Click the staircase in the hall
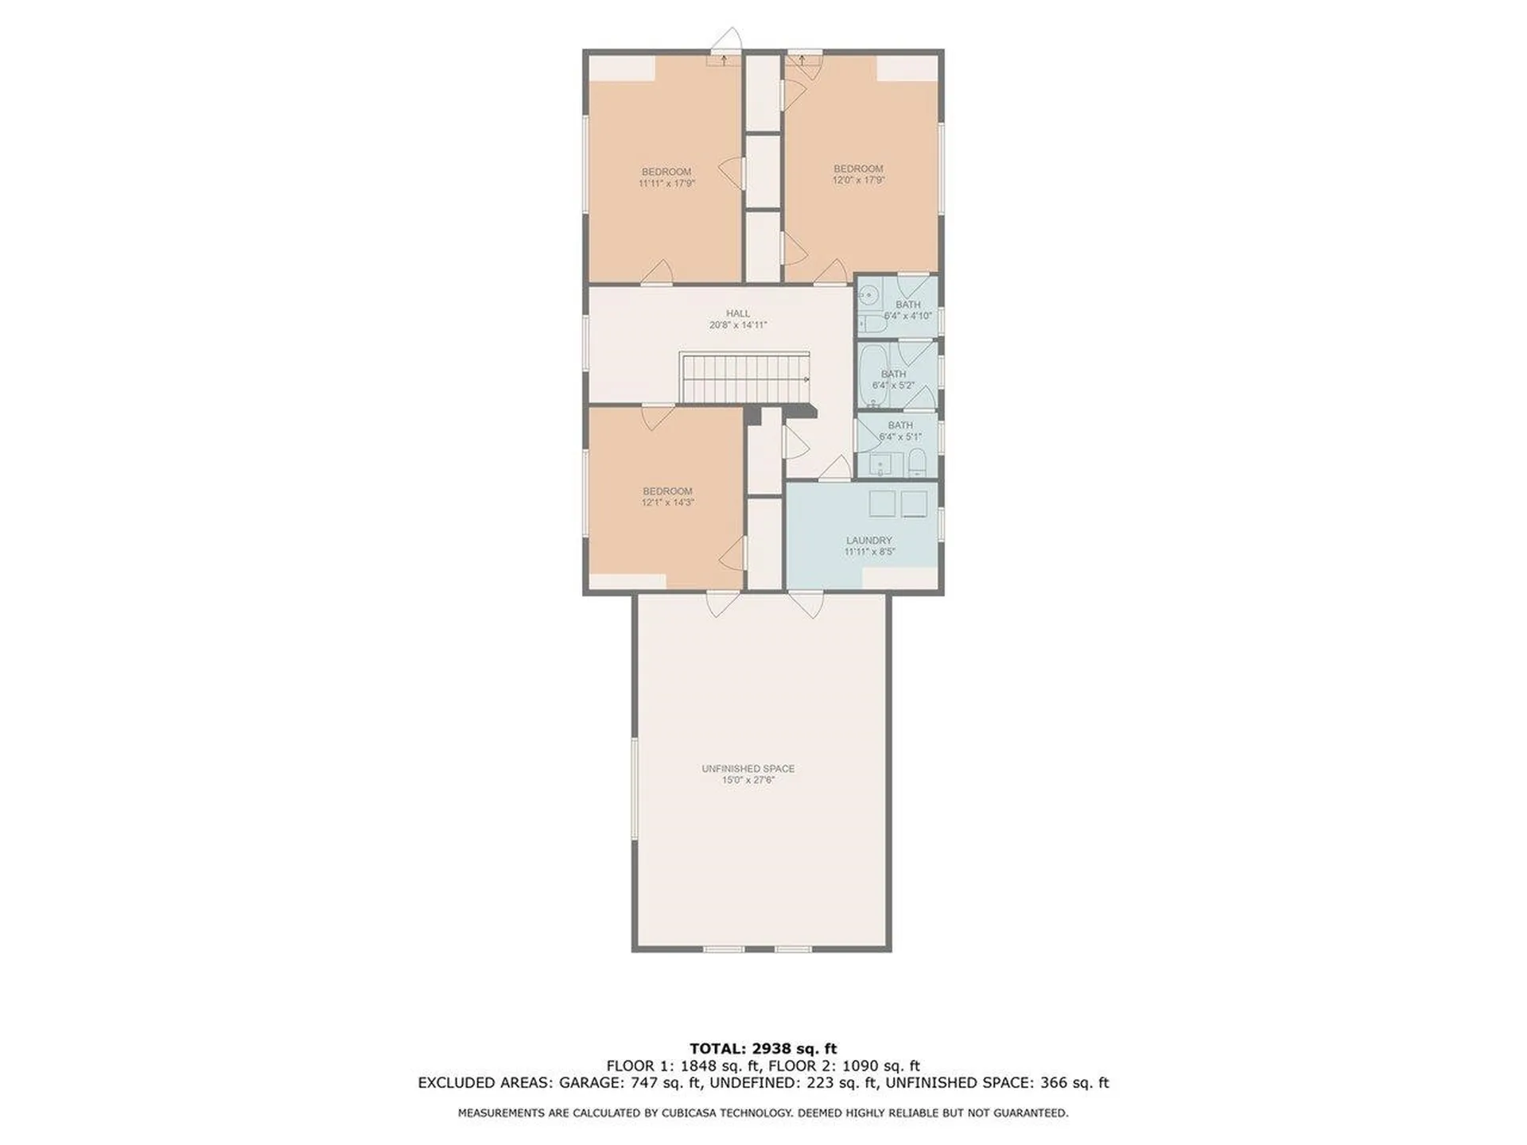(x=744, y=378)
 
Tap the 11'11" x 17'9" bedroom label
(x=666, y=177)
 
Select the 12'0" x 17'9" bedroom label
(x=858, y=174)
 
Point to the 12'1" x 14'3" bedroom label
(x=667, y=497)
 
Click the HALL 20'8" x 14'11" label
(x=737, y=320)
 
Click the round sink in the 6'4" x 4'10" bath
(x=869, y=295)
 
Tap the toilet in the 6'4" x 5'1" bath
(x=916, y=463)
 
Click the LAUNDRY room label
(x=869, y=545)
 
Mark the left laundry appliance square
(x=882, y=504)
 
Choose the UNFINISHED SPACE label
(x=748, y=774)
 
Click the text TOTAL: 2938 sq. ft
(x=763, y=1049)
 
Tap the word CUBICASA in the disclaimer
(x=693, y=1113)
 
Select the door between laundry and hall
(x=833, y=471)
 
